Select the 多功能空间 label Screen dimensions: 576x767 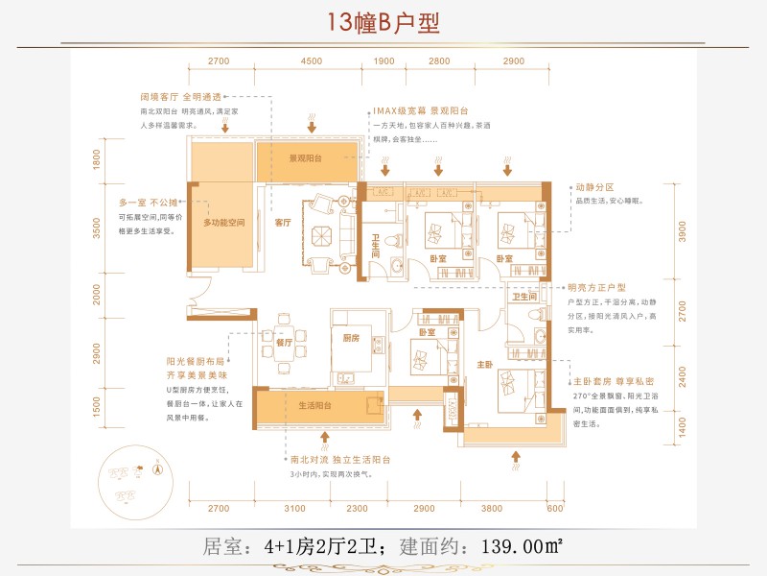[224, 222]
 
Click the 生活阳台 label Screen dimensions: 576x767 [315, 406]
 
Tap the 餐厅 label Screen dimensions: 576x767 [283, 342]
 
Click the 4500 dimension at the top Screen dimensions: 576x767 [311, 60]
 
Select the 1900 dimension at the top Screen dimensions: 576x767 [383, 60]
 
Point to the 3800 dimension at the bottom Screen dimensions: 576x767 [491, 508]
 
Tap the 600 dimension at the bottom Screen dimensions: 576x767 [555, 508]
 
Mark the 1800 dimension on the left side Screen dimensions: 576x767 [97, 159]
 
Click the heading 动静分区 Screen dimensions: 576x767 [593, 187]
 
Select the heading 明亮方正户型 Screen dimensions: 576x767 [596, 287]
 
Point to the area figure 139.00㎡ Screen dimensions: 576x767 [515, 548]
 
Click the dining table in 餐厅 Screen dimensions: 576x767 [284, 345]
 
